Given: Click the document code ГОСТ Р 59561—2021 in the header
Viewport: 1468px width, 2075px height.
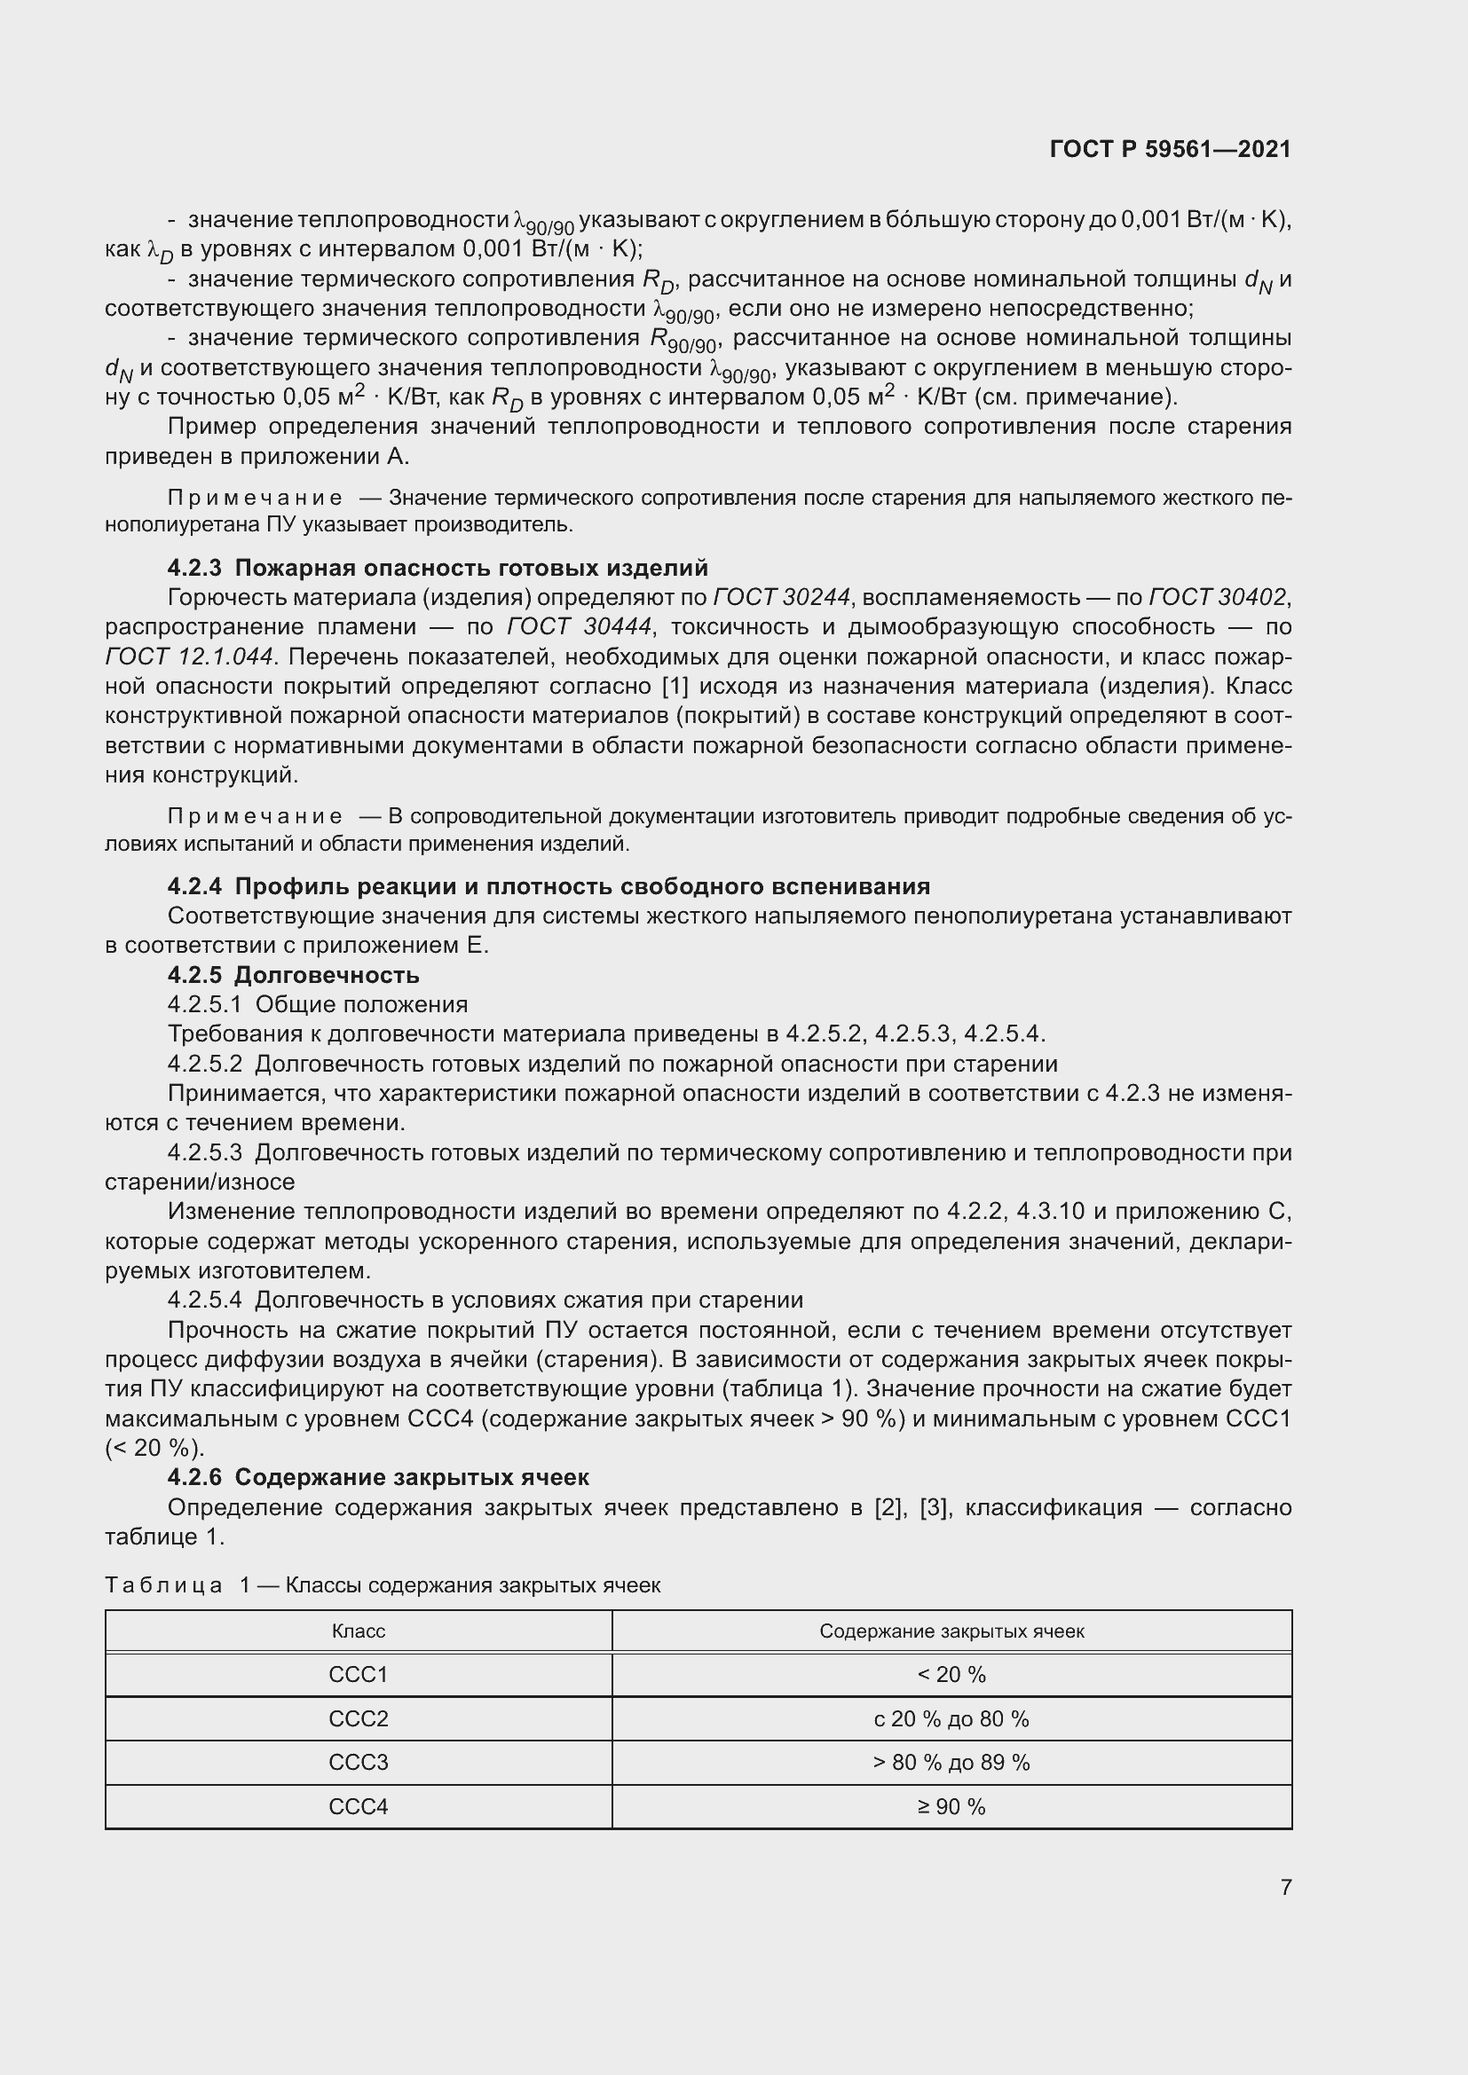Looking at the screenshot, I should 1170,149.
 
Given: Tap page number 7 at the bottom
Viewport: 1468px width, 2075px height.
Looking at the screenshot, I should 1285,1887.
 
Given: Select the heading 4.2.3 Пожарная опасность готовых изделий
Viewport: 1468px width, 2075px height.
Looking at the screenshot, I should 438,568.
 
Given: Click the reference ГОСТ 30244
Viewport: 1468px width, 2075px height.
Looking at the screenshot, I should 782,597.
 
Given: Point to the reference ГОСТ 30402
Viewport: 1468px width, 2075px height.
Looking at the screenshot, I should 1218,597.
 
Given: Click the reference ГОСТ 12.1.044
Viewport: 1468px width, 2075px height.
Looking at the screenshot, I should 189,657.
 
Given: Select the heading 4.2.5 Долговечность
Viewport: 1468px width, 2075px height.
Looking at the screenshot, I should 293,975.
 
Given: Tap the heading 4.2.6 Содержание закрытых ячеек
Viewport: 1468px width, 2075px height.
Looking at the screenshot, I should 378,1478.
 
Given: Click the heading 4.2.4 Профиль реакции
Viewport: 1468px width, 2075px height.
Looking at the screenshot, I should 548,886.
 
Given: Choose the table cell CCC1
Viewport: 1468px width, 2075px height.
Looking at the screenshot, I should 358,1675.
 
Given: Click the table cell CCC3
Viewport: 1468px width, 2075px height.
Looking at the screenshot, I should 358,1763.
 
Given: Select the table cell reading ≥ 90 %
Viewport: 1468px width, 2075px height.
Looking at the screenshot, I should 951,1806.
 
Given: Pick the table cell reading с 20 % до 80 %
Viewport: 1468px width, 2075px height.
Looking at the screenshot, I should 951,1719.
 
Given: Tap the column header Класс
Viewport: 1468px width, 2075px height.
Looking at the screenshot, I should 358,1631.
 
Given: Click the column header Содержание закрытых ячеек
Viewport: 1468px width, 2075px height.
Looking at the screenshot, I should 951,1631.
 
